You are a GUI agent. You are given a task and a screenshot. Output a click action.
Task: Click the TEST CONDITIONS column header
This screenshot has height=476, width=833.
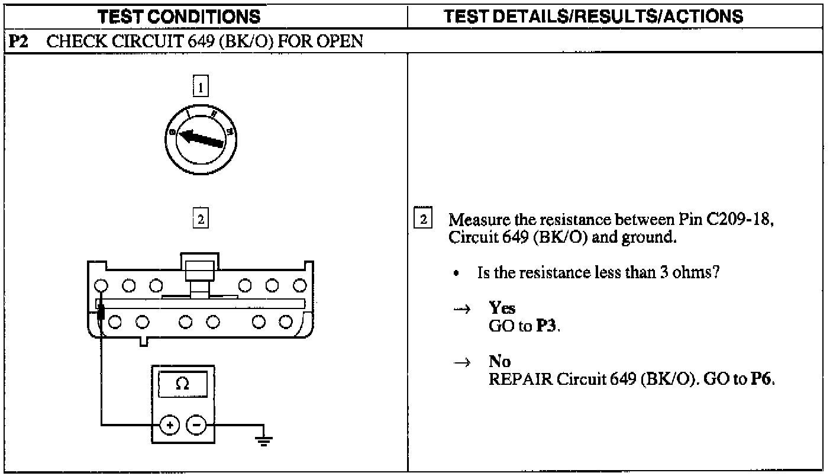tap(179, 16)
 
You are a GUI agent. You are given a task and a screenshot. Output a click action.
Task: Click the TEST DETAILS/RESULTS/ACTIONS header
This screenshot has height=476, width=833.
tap(593, 16)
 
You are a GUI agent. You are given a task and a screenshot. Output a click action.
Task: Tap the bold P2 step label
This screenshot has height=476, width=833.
tap(17, 42)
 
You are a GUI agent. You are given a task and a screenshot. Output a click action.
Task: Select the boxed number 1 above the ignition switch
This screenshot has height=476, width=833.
tap(201, 88)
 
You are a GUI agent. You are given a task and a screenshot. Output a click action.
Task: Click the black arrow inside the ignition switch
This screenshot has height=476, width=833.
tap(201, 139)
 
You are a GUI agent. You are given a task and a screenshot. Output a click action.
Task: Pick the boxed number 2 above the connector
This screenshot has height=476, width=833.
tap(201, 220)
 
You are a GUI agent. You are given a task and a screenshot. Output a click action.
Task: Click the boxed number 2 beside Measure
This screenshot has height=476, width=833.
tap(423, 220)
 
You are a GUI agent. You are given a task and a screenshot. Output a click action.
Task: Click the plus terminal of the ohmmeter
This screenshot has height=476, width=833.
tap(170, 424)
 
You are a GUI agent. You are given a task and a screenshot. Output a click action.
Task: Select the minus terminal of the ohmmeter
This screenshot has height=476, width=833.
tap(197, 424)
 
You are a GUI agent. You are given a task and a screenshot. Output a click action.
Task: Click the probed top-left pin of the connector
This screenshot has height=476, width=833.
tap(101, 286)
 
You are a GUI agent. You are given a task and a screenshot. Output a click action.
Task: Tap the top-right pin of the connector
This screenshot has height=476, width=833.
tap(300, 286)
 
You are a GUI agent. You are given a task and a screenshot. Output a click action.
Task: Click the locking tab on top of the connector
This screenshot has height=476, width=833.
tap(200, 268)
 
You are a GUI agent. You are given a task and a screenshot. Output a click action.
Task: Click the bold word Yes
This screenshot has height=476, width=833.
tap(502, 308)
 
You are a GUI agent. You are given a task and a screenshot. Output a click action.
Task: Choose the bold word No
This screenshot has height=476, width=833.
tap(499, 361)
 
